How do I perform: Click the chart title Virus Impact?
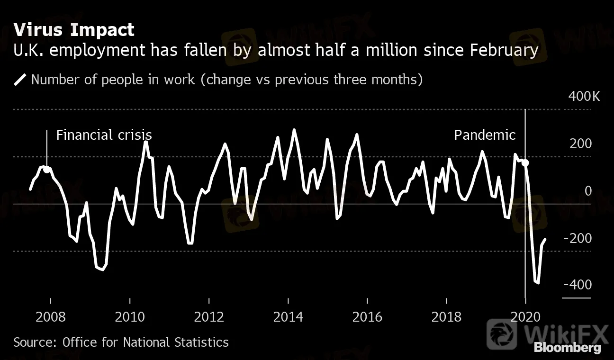coord(74,30)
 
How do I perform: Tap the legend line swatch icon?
coord(20,80)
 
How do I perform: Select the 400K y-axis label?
coord(584,97)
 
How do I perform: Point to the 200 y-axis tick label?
coord(581,144)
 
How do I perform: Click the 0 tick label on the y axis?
coord(588,191)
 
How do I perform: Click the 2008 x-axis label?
coord(50,316)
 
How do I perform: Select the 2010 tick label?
coord(130,316)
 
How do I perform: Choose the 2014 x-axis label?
coord(289,316)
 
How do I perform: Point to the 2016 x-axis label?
coord(368,316)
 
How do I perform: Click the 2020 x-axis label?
coord(526,316)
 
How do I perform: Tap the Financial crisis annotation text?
coord(104,135)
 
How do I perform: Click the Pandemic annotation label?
coord(485,135)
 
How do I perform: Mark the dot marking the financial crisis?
coord(47,169)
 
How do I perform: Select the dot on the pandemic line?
coord(525,163)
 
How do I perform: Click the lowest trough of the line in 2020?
coord(537,283)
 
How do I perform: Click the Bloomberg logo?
coord(567,348)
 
